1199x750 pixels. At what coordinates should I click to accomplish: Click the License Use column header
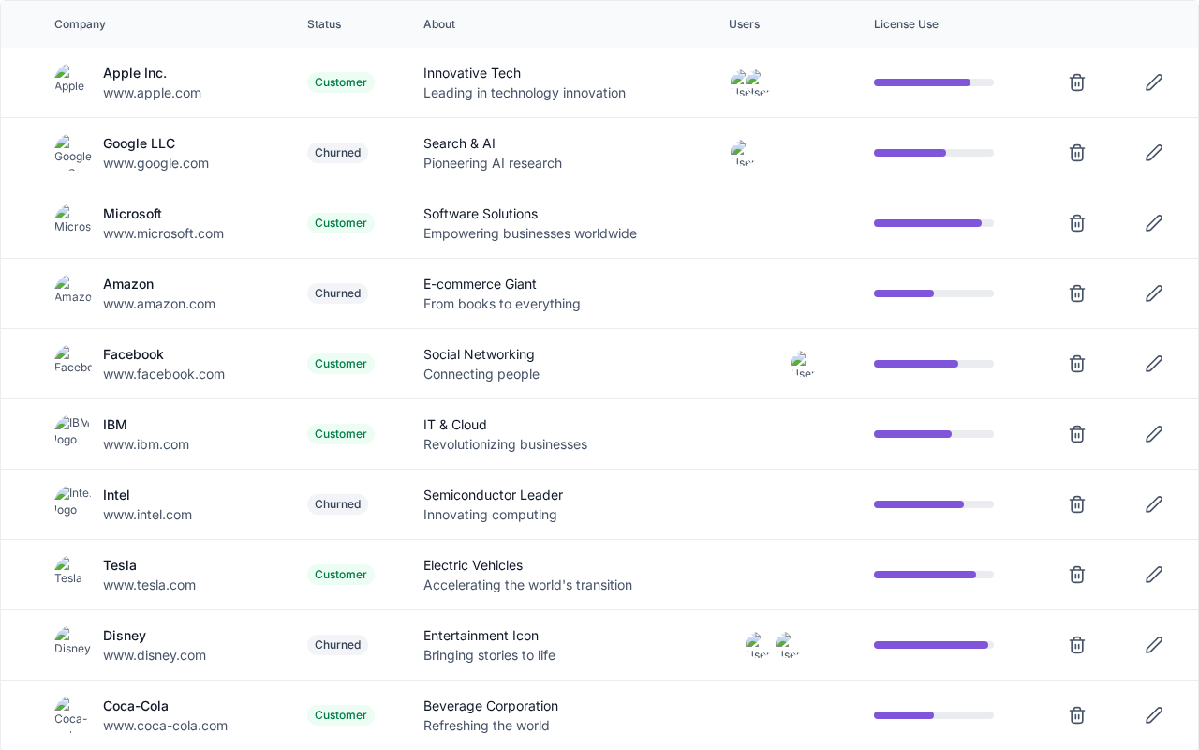coord(906,24)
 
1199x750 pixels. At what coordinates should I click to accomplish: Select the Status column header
coord(324,24)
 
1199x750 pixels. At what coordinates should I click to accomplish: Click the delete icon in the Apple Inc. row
coord(1077,82)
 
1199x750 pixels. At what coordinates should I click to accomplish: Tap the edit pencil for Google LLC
coord(1154,153)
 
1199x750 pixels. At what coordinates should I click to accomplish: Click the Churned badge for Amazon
coord(337,293)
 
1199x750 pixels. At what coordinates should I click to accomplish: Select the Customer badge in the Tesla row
coord(340,575)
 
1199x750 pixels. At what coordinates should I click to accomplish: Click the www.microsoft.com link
coord(163,233)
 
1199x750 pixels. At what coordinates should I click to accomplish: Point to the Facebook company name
coord(133,354)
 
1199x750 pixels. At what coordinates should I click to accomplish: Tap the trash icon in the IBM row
coord(1077,434)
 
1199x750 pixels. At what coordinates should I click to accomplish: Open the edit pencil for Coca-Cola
coord(1154,715)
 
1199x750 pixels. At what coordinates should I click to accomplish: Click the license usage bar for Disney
coord(933,645)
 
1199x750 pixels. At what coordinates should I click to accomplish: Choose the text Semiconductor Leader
coord(493,495)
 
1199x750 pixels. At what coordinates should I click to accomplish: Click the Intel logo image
coord(71,502)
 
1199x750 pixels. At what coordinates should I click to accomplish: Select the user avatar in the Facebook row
coord(802,364)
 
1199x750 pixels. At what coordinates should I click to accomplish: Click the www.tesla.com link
coord(149,585)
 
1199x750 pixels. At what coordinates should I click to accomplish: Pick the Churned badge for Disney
coord(337,645)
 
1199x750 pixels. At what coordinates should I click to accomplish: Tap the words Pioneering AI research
coord(493,163)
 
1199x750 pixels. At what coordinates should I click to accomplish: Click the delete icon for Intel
coord(1077,504)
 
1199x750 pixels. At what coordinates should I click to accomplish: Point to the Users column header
coord(744,24)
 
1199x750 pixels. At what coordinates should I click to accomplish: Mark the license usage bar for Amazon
coord(933,293)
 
